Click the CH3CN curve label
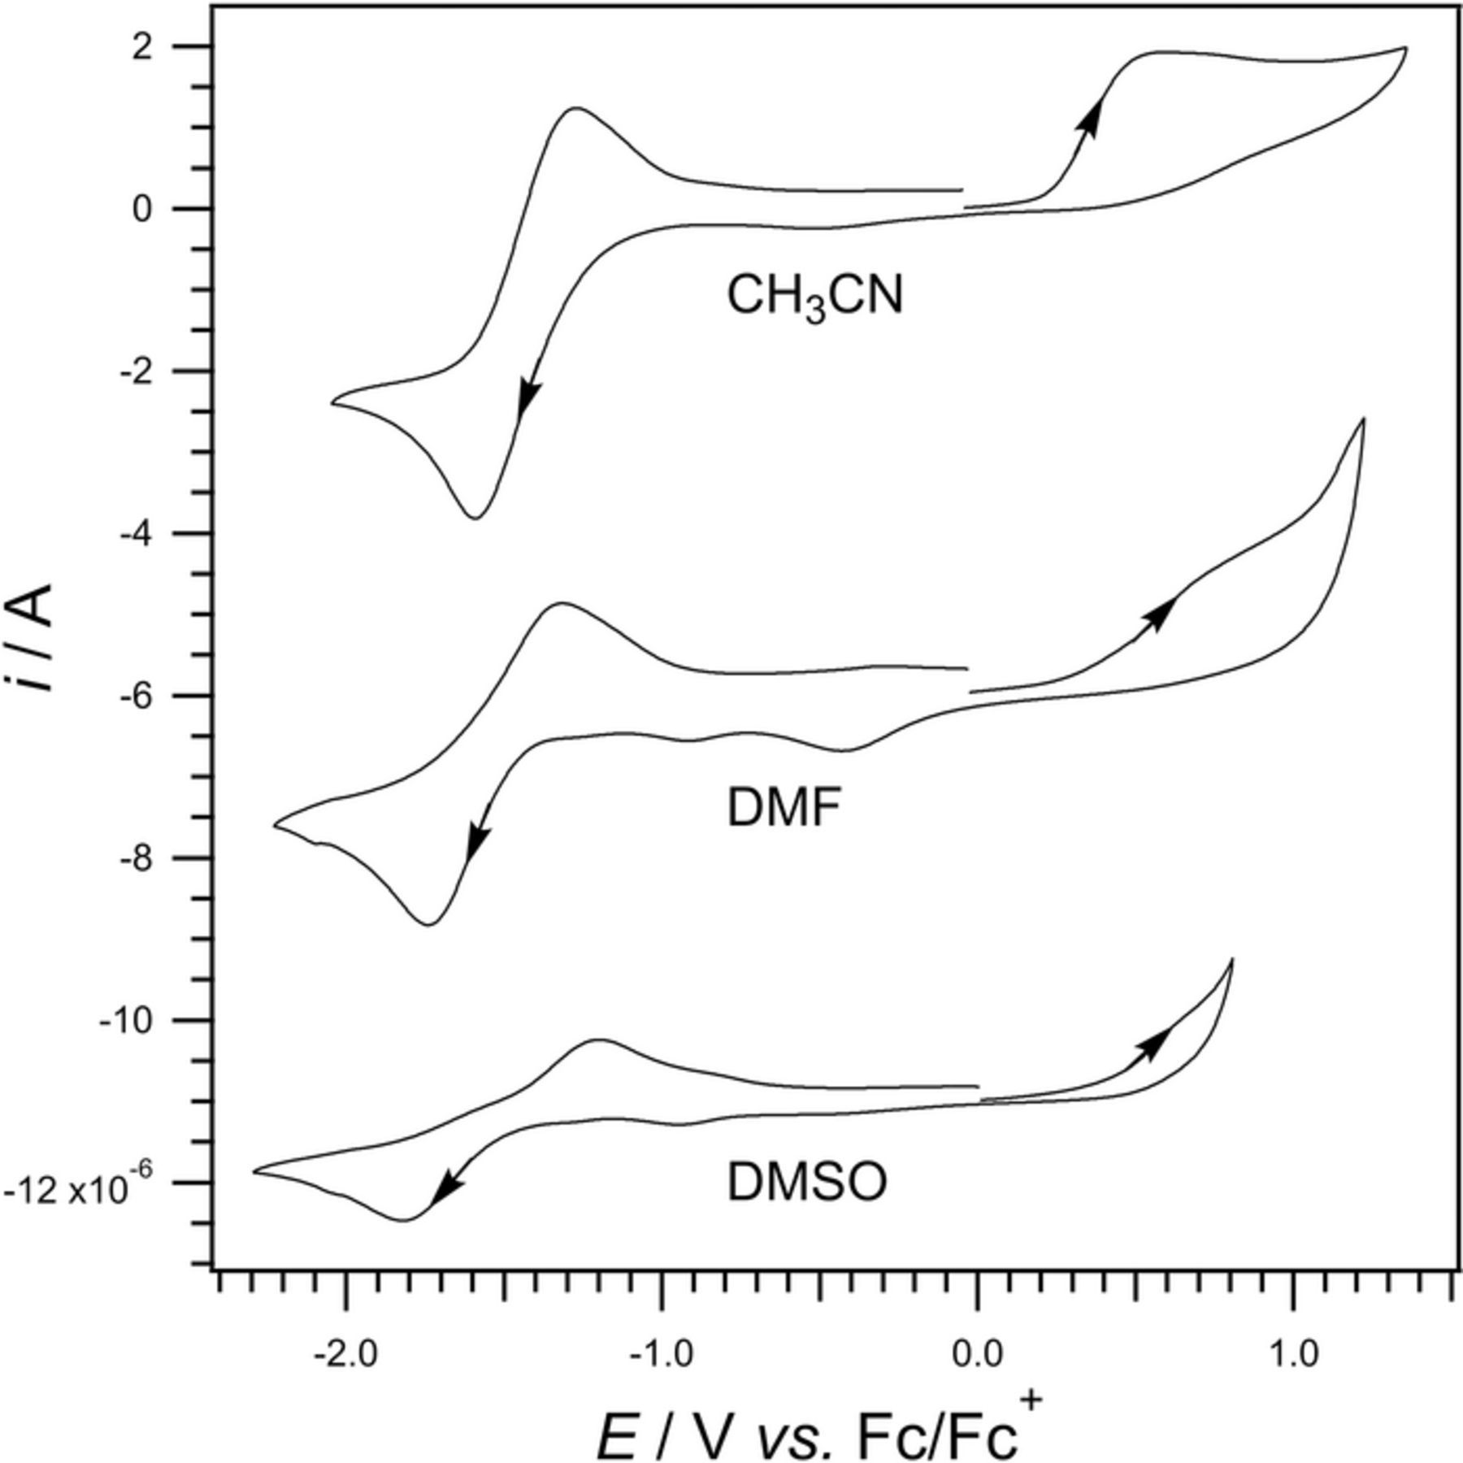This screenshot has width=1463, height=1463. [x=814, y=297]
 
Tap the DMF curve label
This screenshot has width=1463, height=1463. [x=784, y=810]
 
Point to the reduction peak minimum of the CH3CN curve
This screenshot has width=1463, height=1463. [x=475, y=518]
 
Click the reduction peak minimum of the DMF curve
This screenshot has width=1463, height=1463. [x=429, y=924]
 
